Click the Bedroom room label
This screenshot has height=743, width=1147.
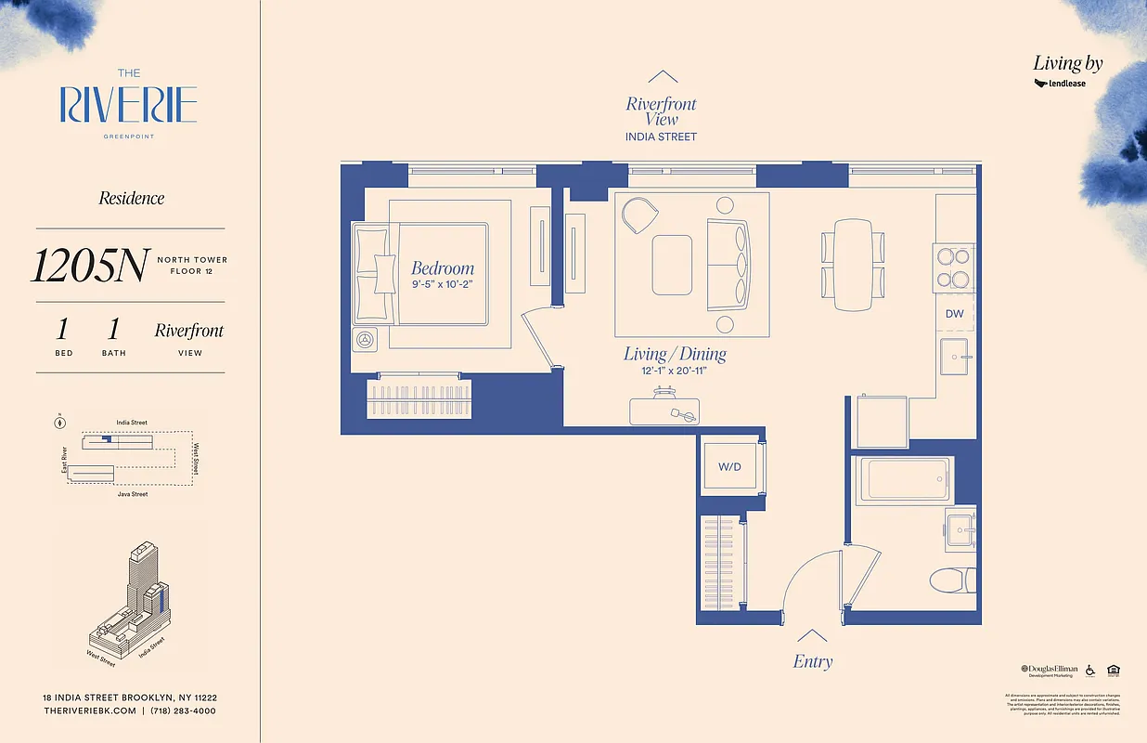pyautogui.click(x=443, y=267)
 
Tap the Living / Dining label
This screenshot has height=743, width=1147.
pyautogui.click(x=675, y=354)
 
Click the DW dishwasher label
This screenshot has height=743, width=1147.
pyautogui.click(x=954, y=314)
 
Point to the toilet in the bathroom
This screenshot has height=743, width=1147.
pyautogui.click(x=952, y=580)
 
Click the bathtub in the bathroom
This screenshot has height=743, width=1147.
pyautogui.click(x=904, y=481)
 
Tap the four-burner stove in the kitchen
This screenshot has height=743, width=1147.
pyautogui.click(x=954, y=266)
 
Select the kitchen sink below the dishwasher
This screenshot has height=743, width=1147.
pyautogui.click(x=955, y=356)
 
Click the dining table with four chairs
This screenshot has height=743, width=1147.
pyautogui.click(x=853, y=265)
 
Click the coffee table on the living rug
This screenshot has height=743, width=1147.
pyautogui.click(x=672, y=263)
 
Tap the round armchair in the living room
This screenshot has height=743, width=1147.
pyautogui.click(x=638, y=216)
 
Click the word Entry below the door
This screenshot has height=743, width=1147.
pyautogui.click(x=812, y=662)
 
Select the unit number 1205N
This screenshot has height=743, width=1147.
pyautogui.click(x=89, y=266)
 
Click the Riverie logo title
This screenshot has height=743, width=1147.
pyautogui.click(x=129, y=105)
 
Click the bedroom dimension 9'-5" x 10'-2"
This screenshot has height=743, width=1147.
pyautogui.click(x=443, y=285)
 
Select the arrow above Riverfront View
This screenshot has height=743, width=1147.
pyautogui.click(x=662, y=78)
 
